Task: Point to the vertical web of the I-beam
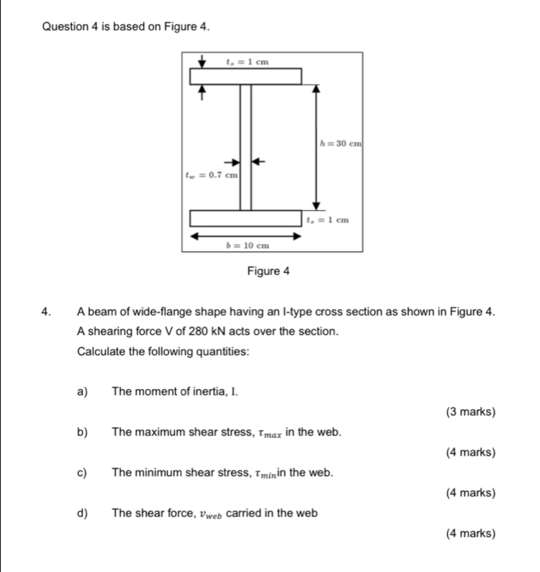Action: pyautogui.click(x=246, y=147)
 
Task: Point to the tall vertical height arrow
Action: pyautogui.click(x=315, y=147)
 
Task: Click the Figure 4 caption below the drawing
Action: pyautogui.click(x=267, y=271)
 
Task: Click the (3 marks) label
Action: pyautogui.click(x=471, y=412)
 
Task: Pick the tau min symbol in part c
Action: pyautogui.click(x=268, y=473)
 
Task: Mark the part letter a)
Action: pyautogui.click(x=83, y=391)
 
